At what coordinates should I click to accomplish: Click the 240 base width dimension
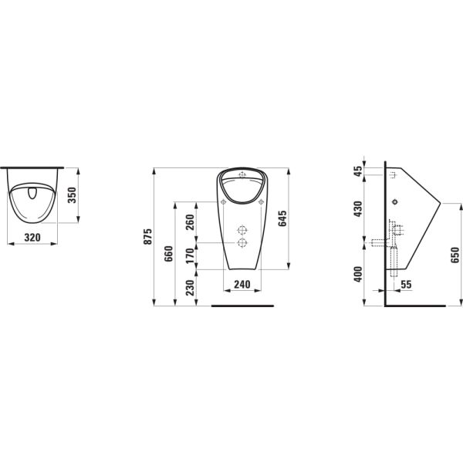[x=242, y=284]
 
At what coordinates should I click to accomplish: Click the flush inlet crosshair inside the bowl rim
[x=242, y=173]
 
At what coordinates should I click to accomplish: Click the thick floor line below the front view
[x=242, y=306]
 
